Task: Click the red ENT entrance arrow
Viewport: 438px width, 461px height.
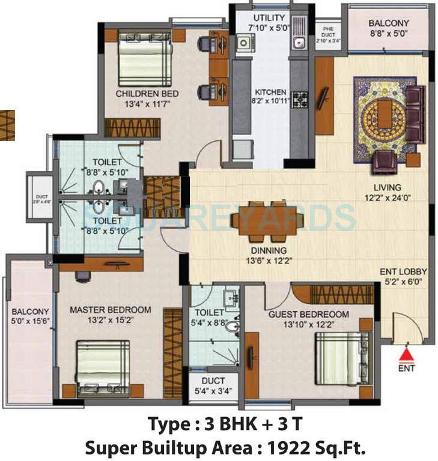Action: (x=407, y=354)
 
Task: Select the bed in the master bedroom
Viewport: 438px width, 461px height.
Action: (x=103, y=368)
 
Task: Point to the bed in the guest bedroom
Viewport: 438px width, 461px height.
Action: (x=337, y=358)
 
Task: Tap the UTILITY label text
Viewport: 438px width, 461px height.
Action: (x=269, y=18)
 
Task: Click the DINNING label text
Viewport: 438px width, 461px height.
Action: (x=269, y=250)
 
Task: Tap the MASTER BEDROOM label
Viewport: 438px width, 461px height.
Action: (x=110, y=310)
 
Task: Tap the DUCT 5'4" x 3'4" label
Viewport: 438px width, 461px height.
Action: (x=213, y=386)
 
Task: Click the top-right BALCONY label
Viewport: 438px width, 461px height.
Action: (x=389, y=23)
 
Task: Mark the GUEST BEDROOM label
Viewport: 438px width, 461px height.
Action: (x=308, y=314)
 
